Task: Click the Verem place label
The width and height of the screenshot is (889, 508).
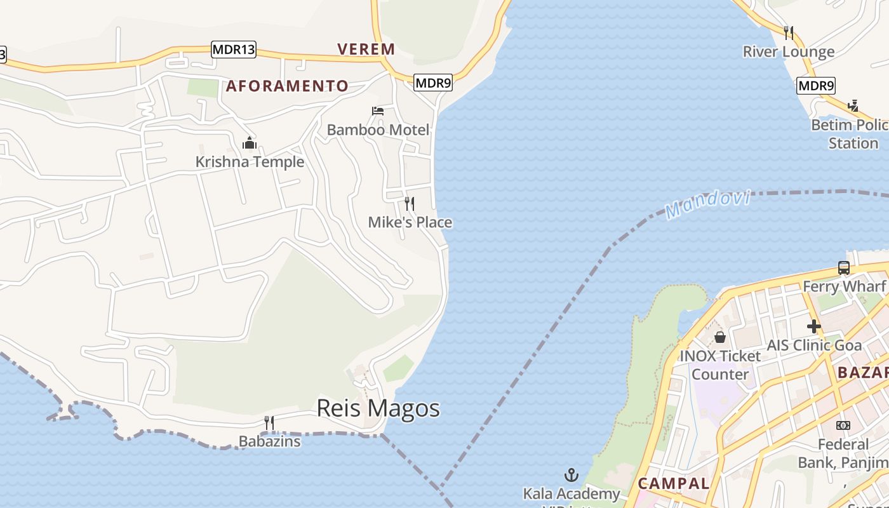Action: [366, 49]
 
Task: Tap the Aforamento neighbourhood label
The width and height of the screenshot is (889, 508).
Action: [287, 86]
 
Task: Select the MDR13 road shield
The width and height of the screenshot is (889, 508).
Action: [234, 50]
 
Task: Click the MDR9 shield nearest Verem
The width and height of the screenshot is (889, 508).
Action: [433, 82]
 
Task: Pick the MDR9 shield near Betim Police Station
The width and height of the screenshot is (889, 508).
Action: [816, 85]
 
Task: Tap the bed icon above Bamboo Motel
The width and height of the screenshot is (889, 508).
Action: [378, 111]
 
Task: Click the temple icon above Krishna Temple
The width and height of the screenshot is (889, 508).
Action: [250, 143]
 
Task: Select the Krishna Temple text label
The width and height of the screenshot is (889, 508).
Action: [250, 162]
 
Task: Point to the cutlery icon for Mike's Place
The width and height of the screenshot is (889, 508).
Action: [410, 204]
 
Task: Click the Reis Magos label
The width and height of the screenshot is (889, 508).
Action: [378, 408]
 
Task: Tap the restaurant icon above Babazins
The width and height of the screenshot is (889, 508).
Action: [269, 422]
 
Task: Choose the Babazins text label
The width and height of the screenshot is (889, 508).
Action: [269, 441]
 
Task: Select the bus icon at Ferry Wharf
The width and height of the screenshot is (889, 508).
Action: [844, 268]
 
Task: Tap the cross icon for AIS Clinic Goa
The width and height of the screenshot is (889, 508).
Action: [813, 327]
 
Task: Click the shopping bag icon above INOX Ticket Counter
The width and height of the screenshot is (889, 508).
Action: [720, 337]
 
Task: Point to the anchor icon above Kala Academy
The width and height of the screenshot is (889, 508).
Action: [571, 475]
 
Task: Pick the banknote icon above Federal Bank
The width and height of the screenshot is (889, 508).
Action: [843, 425]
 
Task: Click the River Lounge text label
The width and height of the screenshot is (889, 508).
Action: [789, 51]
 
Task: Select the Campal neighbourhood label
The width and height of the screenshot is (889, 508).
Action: [673, 483]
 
